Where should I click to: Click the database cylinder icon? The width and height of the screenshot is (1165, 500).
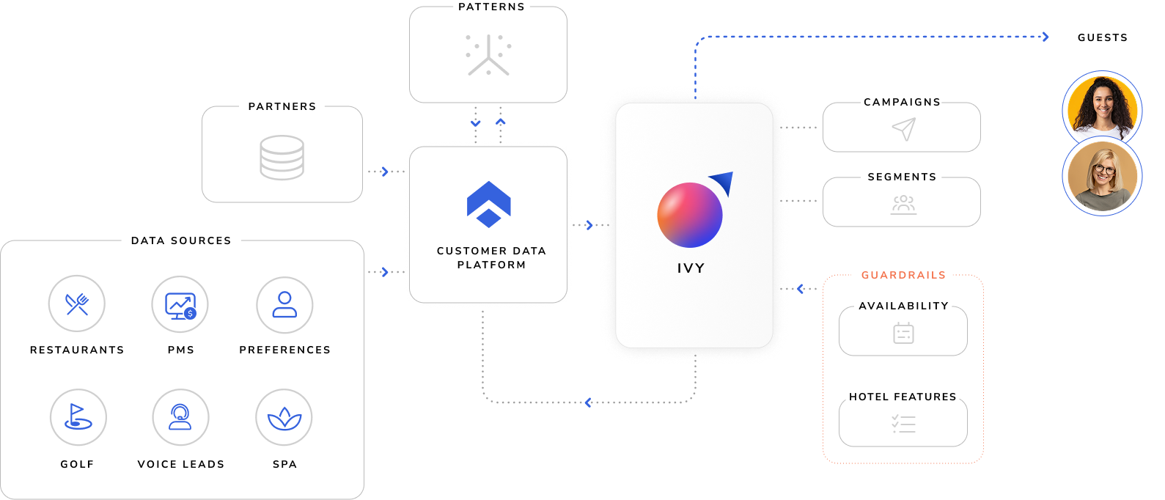[x=282, y=157]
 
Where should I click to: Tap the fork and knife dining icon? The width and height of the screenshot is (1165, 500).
[x=77, y=304]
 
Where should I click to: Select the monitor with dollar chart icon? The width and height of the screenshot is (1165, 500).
[x=180, y=304]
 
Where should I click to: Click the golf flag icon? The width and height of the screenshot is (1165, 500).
[x=78, y=417]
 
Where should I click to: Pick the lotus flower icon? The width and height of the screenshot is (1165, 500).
[x=284, y=418]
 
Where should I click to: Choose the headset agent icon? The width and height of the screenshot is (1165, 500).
[x=180, y=417]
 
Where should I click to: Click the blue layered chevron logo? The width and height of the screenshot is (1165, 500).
[x=489, y=204]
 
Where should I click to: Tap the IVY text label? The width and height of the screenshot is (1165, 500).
[x=691, y=268]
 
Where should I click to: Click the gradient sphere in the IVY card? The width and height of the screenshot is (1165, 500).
[x=690, y=215]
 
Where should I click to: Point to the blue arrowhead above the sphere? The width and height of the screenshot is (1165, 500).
[x=723, y=181]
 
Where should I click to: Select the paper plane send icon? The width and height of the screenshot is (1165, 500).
[x=904, y=128]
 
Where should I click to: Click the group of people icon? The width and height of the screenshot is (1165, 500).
[x=903, y=203]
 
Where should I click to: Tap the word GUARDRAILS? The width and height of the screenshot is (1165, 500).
[x=903, y=275]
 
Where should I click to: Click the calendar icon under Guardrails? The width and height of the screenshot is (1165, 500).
[x=903, y=333]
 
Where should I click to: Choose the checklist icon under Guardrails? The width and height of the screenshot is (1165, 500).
[x=903, y=424]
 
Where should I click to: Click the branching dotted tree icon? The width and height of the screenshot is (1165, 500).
[x=488, y=55]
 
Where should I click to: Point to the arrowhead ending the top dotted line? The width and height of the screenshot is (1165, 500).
[x=1045, y=37]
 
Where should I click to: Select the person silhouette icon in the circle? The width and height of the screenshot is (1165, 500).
[x=284, y=304]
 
